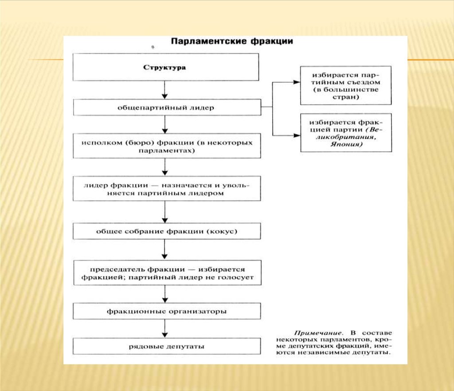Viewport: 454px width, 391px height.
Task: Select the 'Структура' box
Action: [x=164, y=67]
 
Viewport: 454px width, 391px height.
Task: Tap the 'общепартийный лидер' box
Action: [x=166, y=107]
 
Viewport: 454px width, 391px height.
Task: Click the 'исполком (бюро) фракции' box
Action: [x=166, y=146]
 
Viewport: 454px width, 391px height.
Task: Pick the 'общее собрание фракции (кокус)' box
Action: [x=166, y=231]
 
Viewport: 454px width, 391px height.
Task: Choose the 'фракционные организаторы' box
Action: [x=166, y=311]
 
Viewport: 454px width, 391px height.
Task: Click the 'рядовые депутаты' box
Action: [x=166, y=347]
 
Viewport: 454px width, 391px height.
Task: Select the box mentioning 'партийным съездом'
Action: [x=346, y=86]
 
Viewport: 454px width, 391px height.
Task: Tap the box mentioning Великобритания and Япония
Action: [x=346, y=133]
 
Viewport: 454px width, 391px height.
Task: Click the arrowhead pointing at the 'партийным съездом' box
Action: [x=296, y=82]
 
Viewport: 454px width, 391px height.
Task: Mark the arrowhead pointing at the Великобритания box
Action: [x=296, y=134]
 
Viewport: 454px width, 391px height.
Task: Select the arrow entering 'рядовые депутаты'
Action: [x=164, y=330]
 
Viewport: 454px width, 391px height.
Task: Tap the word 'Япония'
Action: [x=346, y=145]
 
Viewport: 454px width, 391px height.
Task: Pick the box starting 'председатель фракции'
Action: [x=166, y=273]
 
